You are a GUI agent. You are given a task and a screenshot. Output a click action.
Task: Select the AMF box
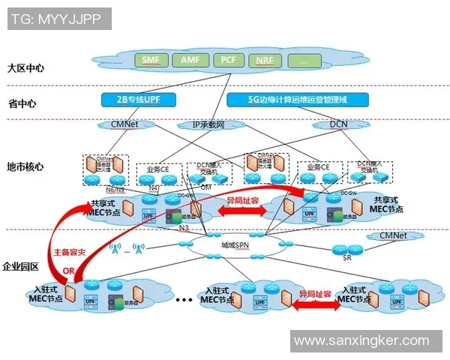pyautogui.click(x=189, y=59)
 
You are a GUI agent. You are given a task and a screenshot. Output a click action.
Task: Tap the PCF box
pyautogui.click(x=228, y=59)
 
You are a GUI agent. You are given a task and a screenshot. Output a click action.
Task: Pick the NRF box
pyautogui.click(x=264, y=60)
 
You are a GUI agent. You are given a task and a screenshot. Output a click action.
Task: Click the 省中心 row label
pyautogui.click(x=22, y=103)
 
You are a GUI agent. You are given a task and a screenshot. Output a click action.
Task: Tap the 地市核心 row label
pyautogui.click(x=25, y=166)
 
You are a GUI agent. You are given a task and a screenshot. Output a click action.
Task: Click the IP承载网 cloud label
pyautogui.click(x=209, y=124)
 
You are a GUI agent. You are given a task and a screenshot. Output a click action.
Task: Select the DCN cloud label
pyautogui.click(x=328, y=124)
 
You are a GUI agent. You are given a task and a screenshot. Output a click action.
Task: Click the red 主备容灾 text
pyautogui.click(x=70, y=254)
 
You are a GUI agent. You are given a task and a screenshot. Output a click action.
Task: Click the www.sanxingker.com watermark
pyautogui.click(x=361, y=340)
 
